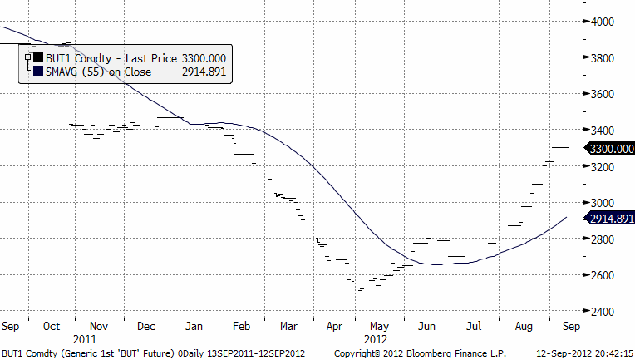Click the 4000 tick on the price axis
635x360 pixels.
[603, 22]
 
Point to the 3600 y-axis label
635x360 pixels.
[603, 94]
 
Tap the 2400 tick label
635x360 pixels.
[603, 311]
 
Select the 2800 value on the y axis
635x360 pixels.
[603, 239]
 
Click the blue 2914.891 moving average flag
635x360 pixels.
[610, 218]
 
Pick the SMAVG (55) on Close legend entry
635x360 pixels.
[93, 72]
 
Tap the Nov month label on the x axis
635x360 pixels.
[98, 327]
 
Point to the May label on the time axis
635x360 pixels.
[378, 327]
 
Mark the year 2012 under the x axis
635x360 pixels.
[377, 339]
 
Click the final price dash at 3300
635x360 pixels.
[561, 147]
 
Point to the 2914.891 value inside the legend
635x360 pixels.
[204, 72]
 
